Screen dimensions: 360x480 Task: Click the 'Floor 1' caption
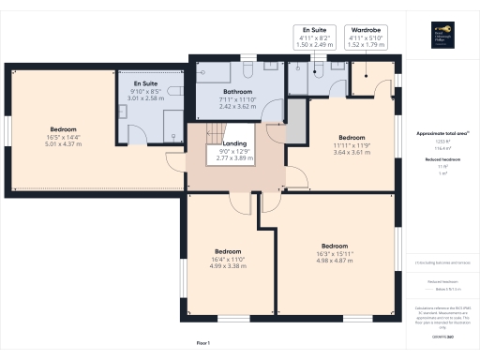click(x=202, y=344)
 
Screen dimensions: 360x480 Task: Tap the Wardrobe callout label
click(x=364, y=30)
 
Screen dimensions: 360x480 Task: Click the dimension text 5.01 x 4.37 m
click(x=64, y=143)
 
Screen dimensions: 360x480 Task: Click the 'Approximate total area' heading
click(x=442, y=134)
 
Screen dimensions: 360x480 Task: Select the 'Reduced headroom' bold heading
click(x=442, y=160)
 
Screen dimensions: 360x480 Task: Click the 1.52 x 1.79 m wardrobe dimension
click(x=364, y=44)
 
